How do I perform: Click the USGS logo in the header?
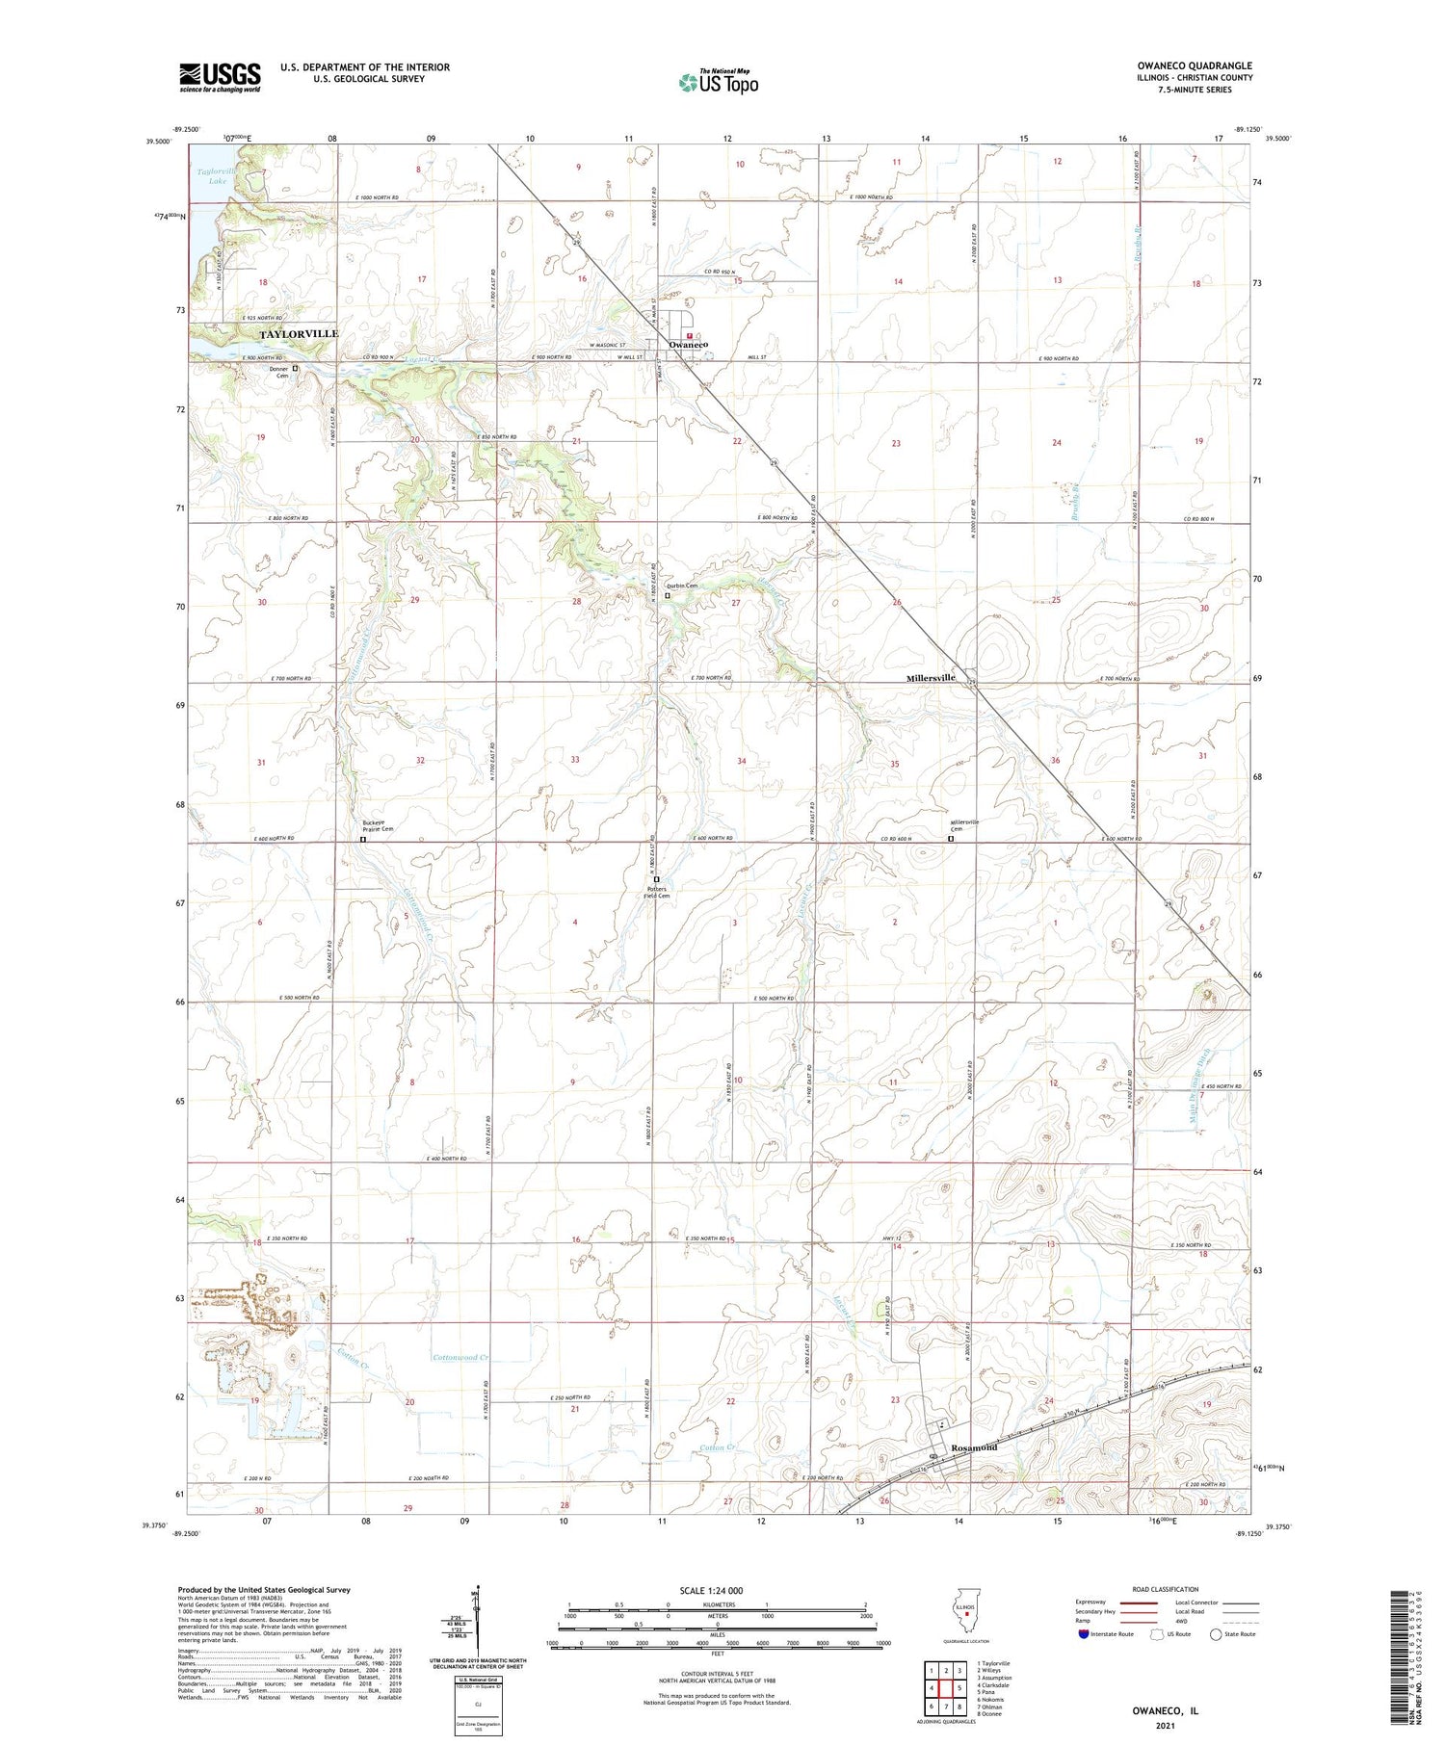219,77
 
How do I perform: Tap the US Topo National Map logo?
718,82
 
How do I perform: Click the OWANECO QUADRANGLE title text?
1194,65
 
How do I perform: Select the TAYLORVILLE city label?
299,333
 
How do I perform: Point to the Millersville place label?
931,678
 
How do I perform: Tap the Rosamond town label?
974,1447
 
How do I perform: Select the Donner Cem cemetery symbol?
296,368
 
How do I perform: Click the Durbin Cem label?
682,586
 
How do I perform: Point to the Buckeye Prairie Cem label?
378,825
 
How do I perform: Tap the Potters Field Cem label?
657,892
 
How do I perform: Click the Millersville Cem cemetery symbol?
951,839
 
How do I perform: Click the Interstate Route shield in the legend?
1084,1633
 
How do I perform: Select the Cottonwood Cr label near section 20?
460,1358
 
